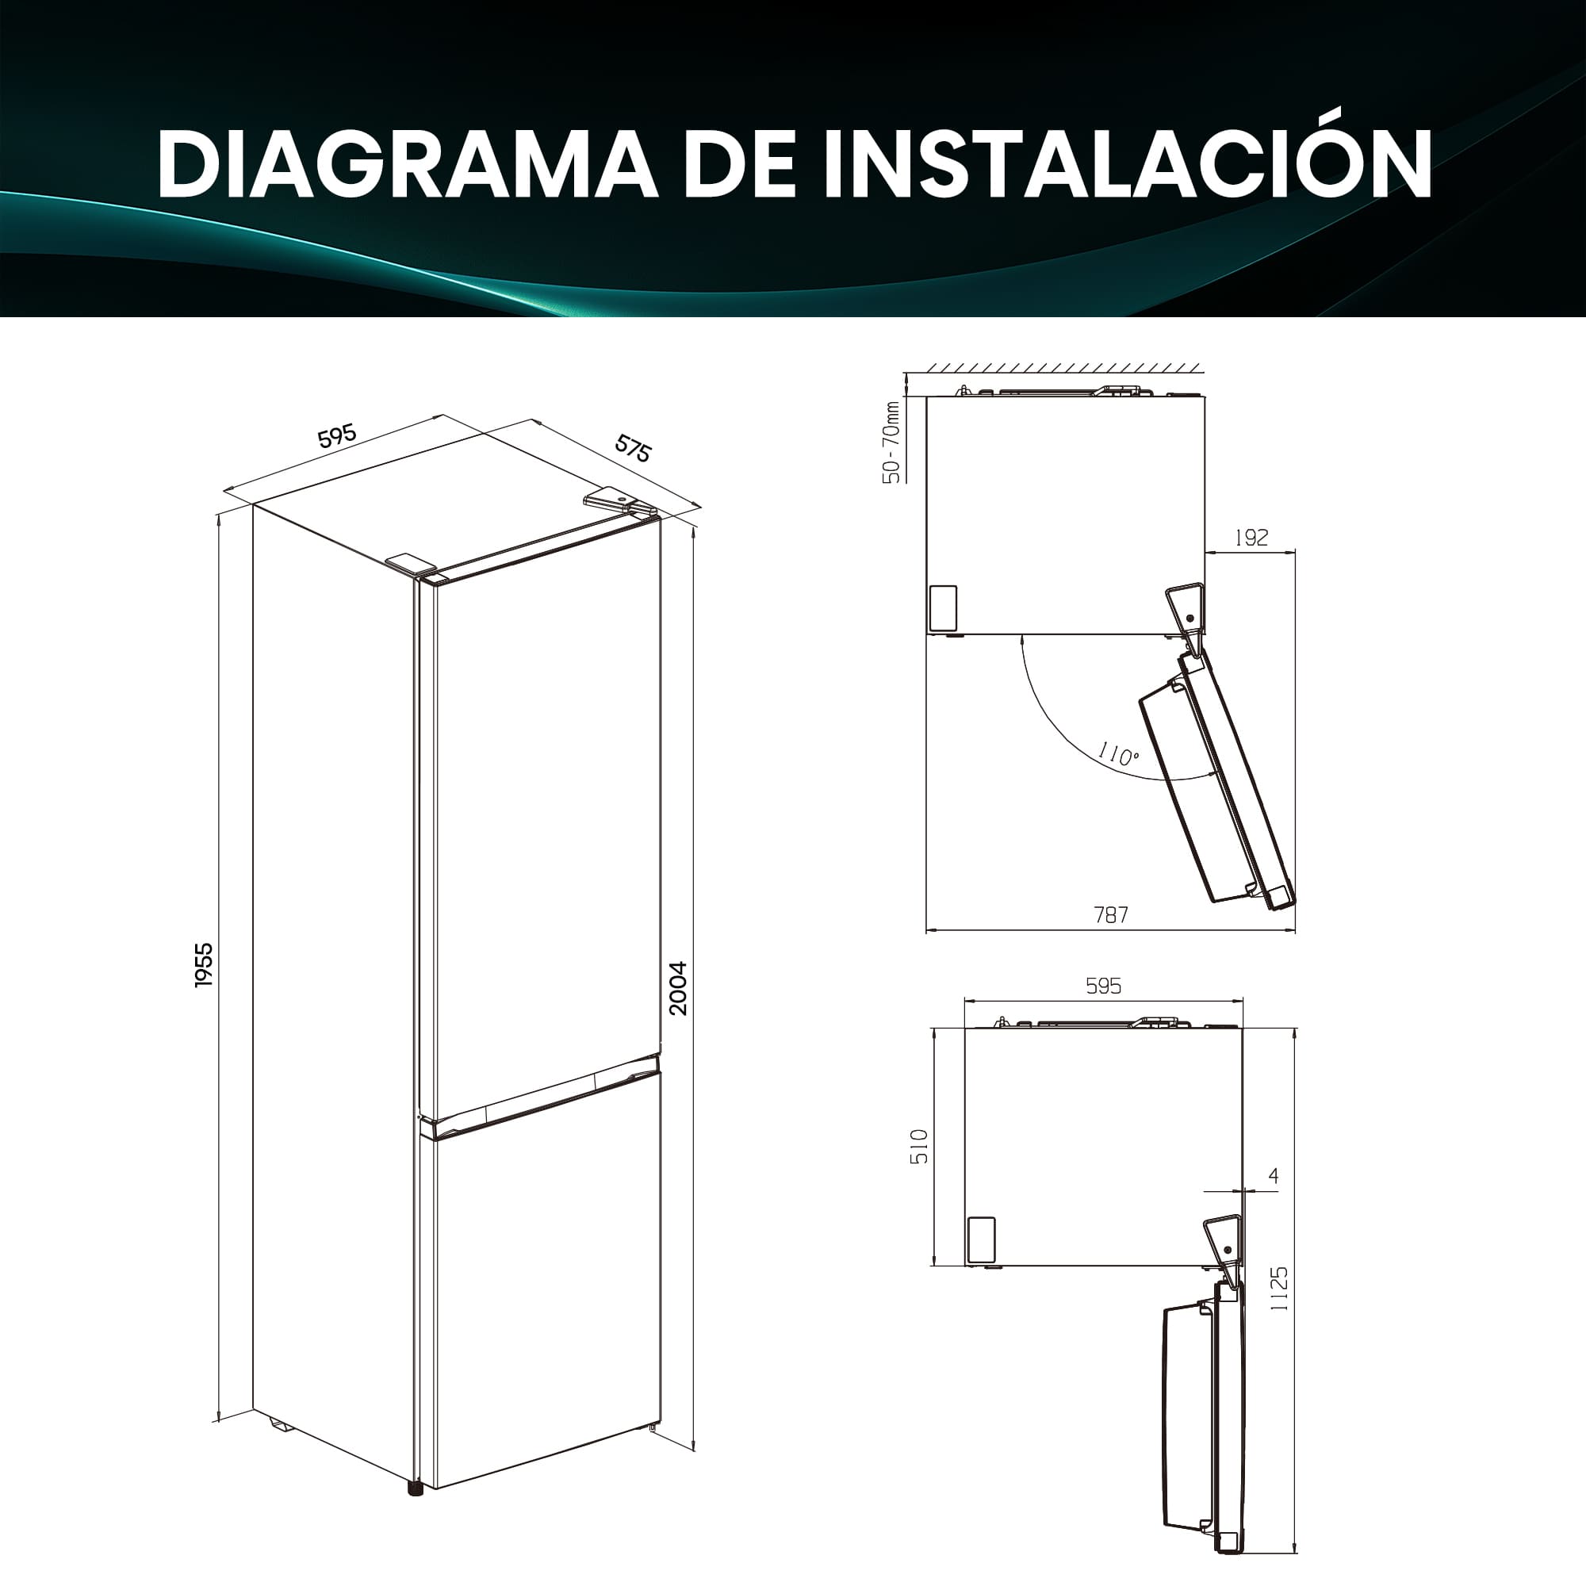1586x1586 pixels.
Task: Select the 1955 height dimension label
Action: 204,964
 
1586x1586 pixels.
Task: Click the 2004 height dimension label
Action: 678,988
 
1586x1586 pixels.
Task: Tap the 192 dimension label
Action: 1251,538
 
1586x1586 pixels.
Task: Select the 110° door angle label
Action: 1118,753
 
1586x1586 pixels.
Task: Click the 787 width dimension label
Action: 1111,914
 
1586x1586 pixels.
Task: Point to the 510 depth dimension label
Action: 920,1146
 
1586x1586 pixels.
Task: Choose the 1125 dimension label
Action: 1279,1288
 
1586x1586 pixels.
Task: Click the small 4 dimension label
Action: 1274,1176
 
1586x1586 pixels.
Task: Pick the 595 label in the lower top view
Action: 1103,986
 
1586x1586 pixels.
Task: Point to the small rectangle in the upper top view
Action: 943,608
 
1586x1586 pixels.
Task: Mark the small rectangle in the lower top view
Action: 981,1239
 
